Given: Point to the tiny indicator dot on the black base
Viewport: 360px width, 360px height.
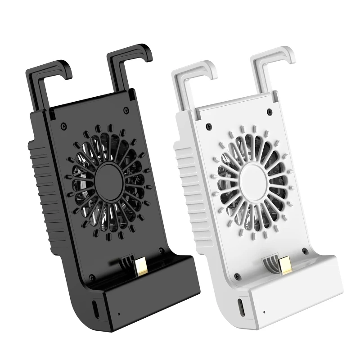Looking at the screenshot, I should [119, 314].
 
